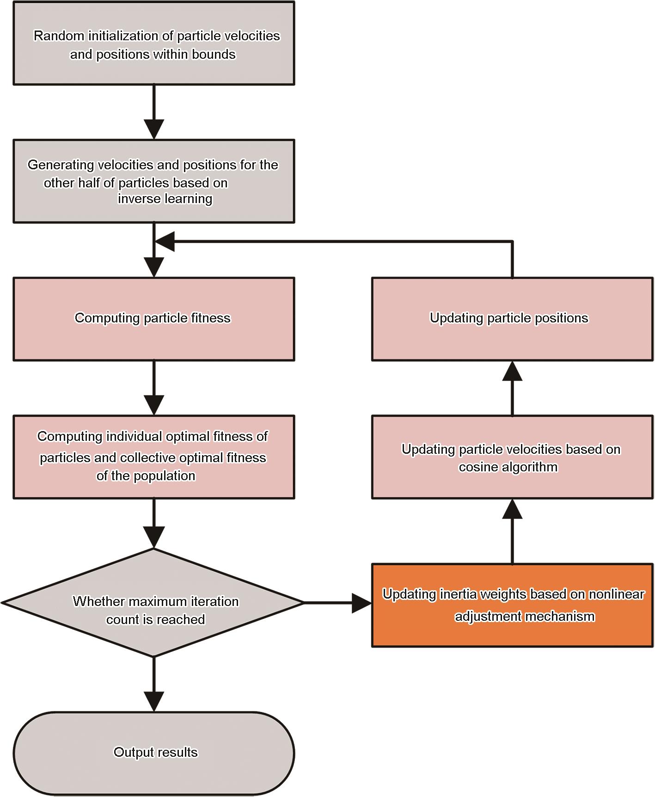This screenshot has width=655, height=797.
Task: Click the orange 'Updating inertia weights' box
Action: pos(513,605)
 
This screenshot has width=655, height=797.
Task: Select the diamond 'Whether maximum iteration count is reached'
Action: pos(153,603)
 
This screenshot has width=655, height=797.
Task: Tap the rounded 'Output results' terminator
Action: pos(154,753)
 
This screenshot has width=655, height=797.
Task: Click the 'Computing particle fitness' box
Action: pos(154,319)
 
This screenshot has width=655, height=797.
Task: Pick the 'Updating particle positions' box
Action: pos(513,319)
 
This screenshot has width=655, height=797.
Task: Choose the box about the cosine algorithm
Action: pos(513,457)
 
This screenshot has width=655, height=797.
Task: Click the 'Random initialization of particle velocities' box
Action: pos(154,43)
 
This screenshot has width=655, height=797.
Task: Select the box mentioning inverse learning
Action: pos(154,181)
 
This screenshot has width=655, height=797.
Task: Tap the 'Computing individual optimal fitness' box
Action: pos(154,457)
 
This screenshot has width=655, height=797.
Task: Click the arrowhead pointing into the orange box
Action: pos(362,603)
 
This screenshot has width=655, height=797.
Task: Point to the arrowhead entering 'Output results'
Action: pos(154,702)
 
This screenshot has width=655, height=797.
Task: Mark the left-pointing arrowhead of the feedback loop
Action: pos(165,241)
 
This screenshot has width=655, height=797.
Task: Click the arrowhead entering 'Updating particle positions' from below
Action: pos(512,371)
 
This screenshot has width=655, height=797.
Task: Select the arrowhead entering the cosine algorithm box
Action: pos(512,508)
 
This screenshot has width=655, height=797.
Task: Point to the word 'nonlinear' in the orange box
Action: pos(616,594)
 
